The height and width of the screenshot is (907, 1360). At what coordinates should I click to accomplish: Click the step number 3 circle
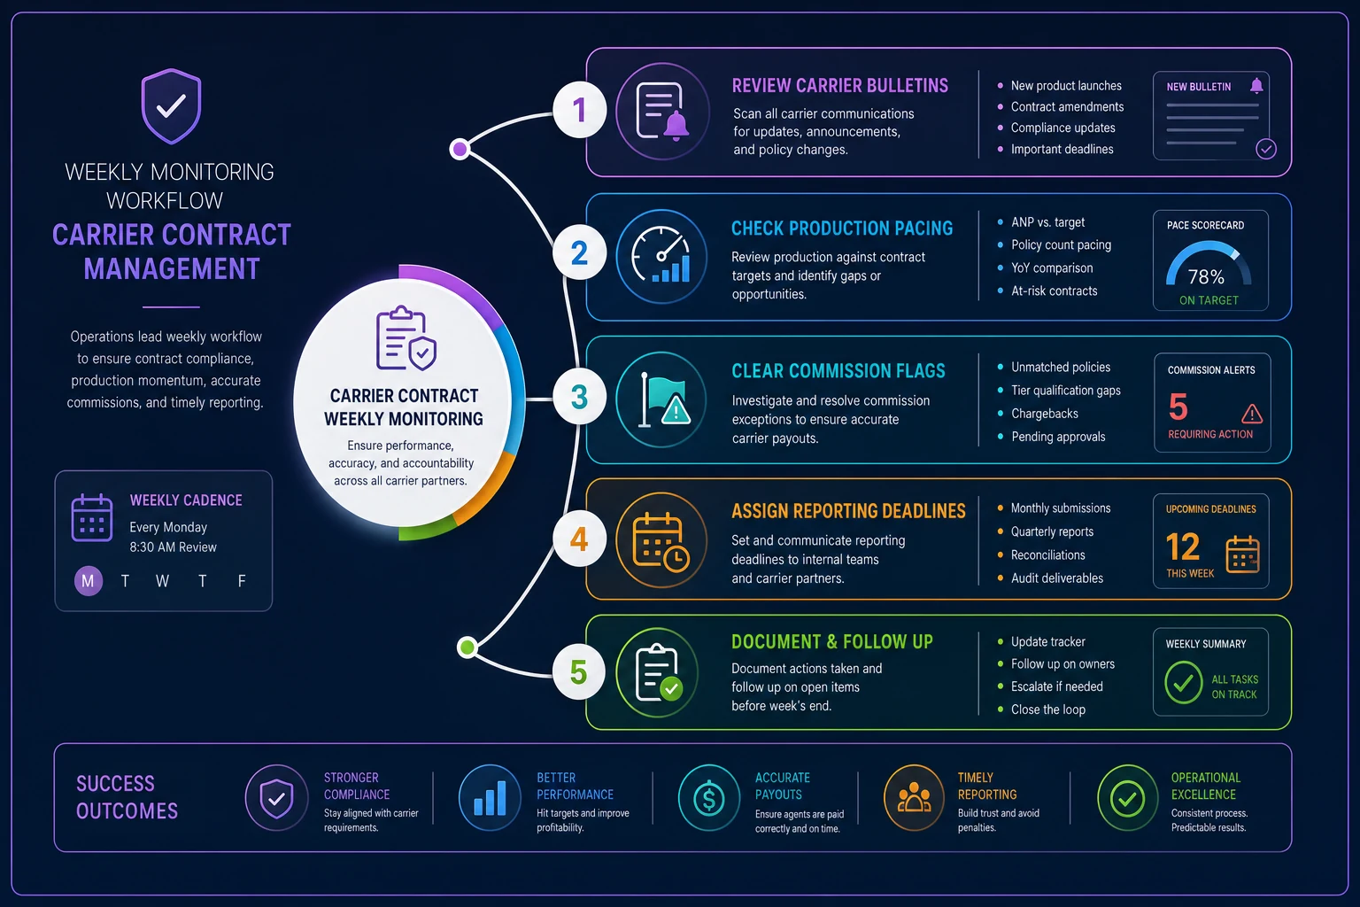click(579, 397)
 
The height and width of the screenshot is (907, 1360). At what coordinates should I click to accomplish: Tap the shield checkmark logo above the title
click(171, 106)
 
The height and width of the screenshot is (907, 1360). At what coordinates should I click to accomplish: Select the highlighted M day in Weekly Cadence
click(88, 581)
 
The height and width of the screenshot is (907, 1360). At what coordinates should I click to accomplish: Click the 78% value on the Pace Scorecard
click(1206, 277)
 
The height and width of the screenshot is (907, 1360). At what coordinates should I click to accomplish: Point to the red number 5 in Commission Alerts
click(1178, 407)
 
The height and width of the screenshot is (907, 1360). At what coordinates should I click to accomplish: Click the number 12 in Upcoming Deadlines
click(1183, 547)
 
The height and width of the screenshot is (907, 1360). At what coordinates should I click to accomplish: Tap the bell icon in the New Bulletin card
click(1256, 86)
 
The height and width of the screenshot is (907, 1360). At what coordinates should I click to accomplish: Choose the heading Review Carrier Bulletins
click(839, 86)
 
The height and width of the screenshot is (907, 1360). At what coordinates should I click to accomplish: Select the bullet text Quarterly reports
click(1052, 531)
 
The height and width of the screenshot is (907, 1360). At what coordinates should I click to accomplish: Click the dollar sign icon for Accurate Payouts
click(708, 798)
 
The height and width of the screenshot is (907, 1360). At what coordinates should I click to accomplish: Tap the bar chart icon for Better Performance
click(490, 798)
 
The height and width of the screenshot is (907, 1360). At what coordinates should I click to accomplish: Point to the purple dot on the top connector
click(460, 149)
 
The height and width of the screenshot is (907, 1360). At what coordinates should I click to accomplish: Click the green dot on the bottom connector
click(467, 647)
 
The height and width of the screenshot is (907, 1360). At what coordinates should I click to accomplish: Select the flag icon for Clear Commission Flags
click(661, 399)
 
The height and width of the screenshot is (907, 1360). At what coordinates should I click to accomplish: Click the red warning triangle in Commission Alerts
click(1252, 414)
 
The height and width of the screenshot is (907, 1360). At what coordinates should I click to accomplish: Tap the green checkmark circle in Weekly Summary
click(1183, 683)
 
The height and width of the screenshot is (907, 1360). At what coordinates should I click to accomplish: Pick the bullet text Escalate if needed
click(1056, 686)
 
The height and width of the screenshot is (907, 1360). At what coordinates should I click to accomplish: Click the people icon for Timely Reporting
click(914, 798)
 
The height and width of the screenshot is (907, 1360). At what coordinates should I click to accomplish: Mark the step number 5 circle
click(578, 672)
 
